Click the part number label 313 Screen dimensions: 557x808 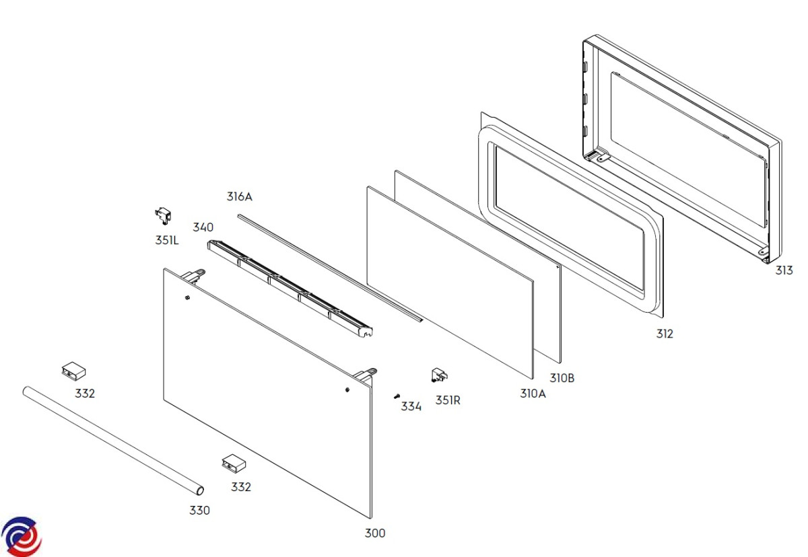point(784,270)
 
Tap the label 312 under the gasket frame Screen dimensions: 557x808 point(665,334)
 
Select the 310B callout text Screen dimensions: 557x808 point(562,378)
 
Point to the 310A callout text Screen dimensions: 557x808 point(533,394)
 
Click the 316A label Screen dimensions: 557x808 point(239,196)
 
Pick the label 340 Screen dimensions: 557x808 point(203,227)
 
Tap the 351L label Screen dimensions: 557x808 point(167,239)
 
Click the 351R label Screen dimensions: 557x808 point(448,400)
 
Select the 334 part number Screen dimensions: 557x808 point(411,406)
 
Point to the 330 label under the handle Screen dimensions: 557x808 point(199,511)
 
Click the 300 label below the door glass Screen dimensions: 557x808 point(375,533)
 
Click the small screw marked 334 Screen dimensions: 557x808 point(397,396)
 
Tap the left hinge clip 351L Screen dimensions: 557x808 point(164,215)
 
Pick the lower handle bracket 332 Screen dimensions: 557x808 point(233,463)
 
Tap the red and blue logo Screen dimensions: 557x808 point(22,537)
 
